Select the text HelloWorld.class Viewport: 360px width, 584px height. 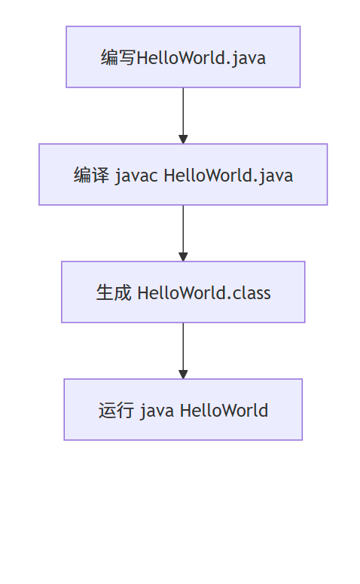(203, 293)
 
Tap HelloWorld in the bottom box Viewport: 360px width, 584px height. (224, 411)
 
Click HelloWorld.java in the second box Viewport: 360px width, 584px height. (228, 176)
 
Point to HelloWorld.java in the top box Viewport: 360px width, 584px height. (201, 57)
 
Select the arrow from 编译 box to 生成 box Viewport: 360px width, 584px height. (183, 229)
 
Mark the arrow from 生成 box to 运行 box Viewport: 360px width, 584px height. (183, 347)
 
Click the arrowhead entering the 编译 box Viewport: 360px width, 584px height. (183, 139)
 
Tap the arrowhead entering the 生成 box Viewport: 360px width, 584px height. (183, 257)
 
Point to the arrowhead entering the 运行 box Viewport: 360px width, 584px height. (183, 375)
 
